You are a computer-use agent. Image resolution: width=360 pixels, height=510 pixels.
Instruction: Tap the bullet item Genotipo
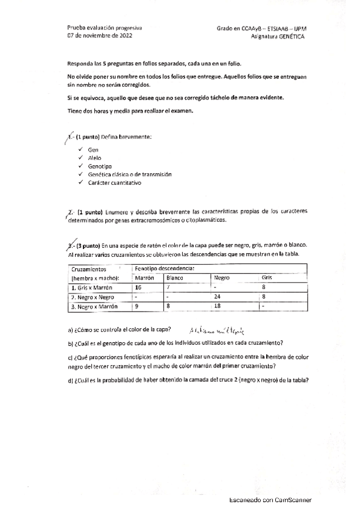tap(99, 165)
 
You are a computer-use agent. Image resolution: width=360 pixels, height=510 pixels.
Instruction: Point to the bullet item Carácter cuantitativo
tap(114, 182)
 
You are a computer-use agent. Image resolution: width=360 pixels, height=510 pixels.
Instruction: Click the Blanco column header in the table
tap(175, 277)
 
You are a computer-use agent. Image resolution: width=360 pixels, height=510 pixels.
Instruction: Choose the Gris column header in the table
tap(267, 277)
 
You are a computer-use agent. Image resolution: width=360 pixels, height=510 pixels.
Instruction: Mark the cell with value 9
tap(137, 306)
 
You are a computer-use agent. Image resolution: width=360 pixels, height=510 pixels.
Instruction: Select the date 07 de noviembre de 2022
tap(100, 36)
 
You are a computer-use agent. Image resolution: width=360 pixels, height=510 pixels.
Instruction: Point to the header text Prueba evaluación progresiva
tap(105, 28)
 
